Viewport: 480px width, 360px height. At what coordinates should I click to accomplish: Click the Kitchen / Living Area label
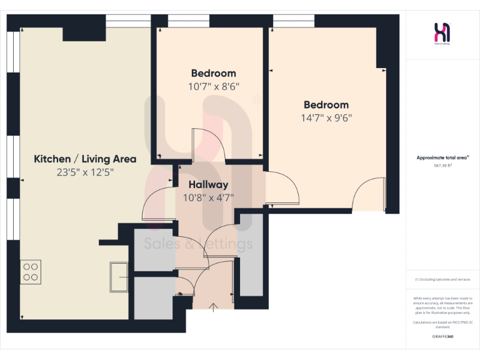coord(85,159)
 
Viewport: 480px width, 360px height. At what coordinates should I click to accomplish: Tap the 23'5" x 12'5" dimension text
coord(85,172)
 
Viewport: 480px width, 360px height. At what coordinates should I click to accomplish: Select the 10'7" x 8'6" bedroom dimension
coord(213,86)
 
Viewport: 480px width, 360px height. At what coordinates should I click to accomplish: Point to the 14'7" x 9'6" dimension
coord(326,117)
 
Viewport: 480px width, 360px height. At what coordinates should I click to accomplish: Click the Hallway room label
coord(208,185)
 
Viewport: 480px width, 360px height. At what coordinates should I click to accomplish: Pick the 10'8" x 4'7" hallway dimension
coord(208,198)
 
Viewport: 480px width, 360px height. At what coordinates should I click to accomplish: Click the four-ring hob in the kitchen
coord(31,271)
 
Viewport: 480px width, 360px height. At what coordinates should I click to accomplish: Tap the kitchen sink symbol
coord(119,276)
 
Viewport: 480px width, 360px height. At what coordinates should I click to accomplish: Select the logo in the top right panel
coord(442,32)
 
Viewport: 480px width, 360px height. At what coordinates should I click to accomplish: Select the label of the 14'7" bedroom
coord(326,104)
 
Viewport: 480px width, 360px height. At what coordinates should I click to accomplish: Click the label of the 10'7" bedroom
coord(213,73)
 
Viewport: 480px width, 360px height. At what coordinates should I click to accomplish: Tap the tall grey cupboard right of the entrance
coord(252,253)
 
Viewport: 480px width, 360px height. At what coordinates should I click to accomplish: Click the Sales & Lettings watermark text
coord(198,244)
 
